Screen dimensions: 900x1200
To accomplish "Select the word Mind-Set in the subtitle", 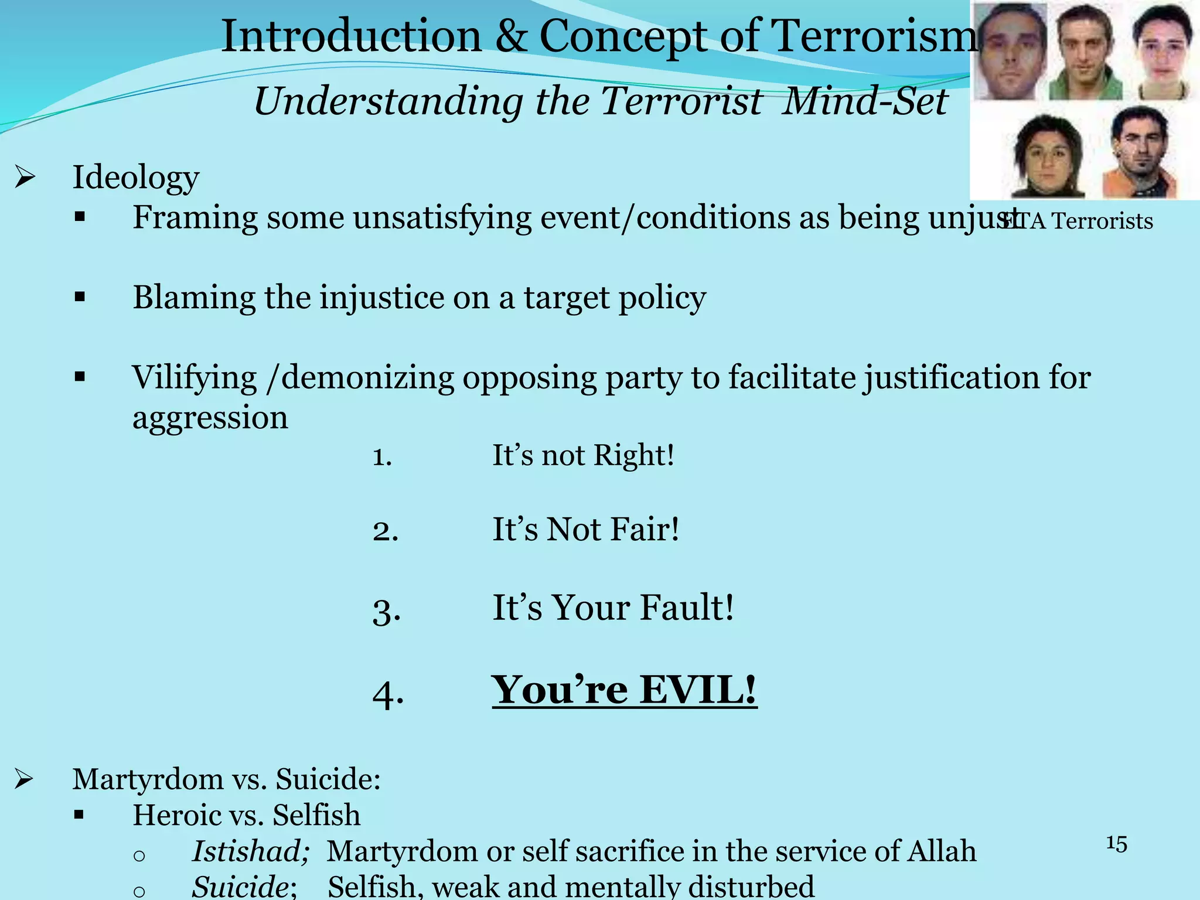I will [865, 101].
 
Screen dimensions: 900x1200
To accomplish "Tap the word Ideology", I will [136, 177].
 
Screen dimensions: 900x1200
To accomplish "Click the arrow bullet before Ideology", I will [25, 177].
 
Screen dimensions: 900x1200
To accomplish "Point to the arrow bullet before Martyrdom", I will [24, 779].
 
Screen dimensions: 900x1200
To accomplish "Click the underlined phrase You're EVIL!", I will [624, 690].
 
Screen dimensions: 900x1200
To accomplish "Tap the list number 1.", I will [381, 456].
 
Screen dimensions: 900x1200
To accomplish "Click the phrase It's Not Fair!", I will [585, 529].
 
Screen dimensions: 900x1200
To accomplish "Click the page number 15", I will [1116, 844].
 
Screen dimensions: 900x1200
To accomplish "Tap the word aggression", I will [210, 418].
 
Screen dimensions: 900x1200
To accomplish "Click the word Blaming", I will [194, 298].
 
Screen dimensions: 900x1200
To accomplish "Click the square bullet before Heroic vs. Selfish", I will [80, 815].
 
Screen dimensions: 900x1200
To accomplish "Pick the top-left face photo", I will [1012, 52].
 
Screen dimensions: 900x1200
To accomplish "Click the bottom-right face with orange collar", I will [1140, 152].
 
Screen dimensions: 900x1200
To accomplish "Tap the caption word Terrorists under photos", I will [1102, 221].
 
